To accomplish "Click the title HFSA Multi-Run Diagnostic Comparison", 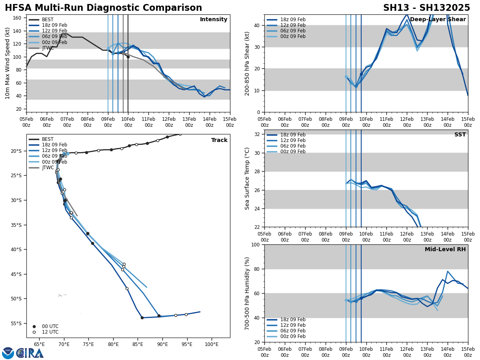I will pyautogui.click(x=103, y=8).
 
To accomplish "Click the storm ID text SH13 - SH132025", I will pyautogui.click(x=426, y=8).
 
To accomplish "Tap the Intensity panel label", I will pyautogui.click(x=214, y=20).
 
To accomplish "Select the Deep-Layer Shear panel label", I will pyautogui.click(x=438, y=20).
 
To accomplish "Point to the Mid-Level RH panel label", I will pyautogui.click(x=445, y=250).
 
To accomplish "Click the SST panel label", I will pyautogui.click(x=460, y=135).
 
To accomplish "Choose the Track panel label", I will pyautogui.click(x=219, y=140).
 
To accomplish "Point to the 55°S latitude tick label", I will pyautogui.click(x=16, y=324).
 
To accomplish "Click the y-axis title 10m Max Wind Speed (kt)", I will pyautogui.click(x=8, y=63).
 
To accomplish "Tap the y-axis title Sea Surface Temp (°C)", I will pyautogui.click(x=247, y=178).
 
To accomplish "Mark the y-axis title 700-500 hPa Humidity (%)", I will pyautogui.click(x=247, y=293).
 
